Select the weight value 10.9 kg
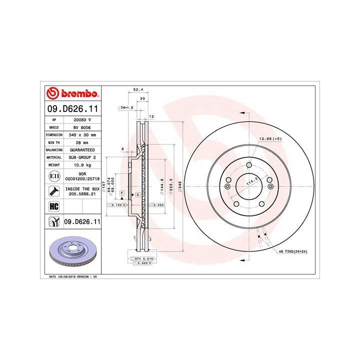(x=82, y=164)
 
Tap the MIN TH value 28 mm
(x=82, y=142)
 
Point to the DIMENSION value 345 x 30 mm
(x=82, y=135)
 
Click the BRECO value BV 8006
(x=82, y=127)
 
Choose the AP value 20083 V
(x=82, y=120)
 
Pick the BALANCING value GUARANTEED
(x=82, y=149)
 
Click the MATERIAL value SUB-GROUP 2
(x=82, y=157)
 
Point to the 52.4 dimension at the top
(x=135, y=90)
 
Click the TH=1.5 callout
(x=126, y=107)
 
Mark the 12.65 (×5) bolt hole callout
(x=270, y=138)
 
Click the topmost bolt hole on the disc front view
(x=248, y=166)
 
